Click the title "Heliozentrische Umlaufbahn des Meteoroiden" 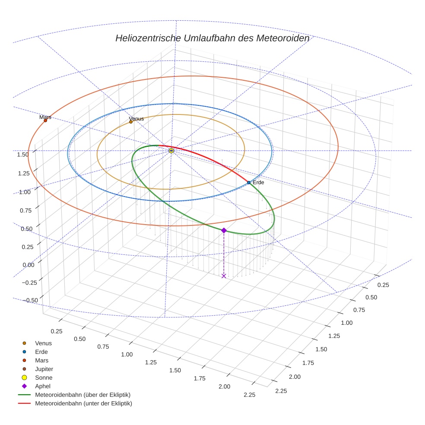click(x=212, y=38)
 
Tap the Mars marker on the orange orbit click(x=45, y=121)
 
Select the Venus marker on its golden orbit click(x=131, y=122)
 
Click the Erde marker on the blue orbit click(x=249, y=183)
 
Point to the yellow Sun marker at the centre click(x=171, y=150)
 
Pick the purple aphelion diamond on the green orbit click(x=224, y=231)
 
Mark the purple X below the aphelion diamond click(x=224, y=276)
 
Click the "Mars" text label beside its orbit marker click(x=45, y=117)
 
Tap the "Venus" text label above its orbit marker click(x=136, y=119)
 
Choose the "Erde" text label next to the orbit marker click(x=258, y=183)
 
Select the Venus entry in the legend click(x=43, y=343)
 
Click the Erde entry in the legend click(x=41, y=352)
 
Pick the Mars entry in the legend click(x=41, y=360)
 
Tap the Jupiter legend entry click(x=44, y=369)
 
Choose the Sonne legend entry click(x=44, y=377)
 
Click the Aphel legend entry click(x=43, y=386)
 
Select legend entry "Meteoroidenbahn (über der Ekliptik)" click(x=82, y=395)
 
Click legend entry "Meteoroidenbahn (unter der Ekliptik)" click(x=83, y=403)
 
